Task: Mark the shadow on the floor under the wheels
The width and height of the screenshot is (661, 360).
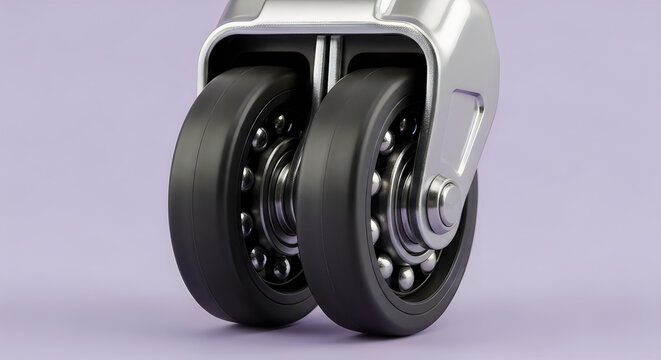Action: click(330, 335)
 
